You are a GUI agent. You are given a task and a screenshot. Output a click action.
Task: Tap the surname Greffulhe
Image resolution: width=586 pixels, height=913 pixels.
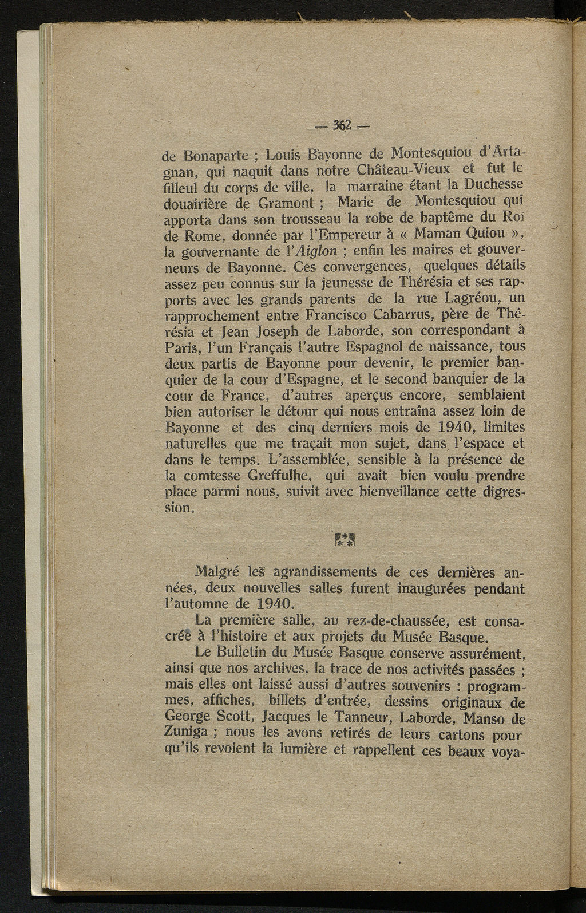pos(279,476)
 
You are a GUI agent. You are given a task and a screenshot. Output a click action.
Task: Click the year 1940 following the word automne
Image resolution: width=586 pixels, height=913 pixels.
pos(273,604)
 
